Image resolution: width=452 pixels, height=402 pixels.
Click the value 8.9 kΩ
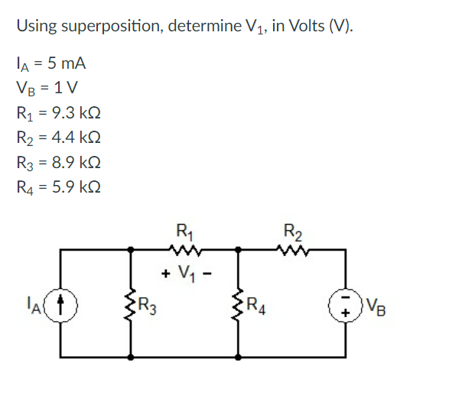pyautogui.click(x=75, y=163)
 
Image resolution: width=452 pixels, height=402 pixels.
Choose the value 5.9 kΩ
pyautogui.click(x=75, y=187)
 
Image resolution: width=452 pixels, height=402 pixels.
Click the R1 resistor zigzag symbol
pyautogui.click(x=184, y=248)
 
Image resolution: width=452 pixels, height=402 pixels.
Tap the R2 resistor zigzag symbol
pyautogui.click(x=291, y=248)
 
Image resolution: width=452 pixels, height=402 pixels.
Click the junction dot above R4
pyautogui.click(x=239, y=248)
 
